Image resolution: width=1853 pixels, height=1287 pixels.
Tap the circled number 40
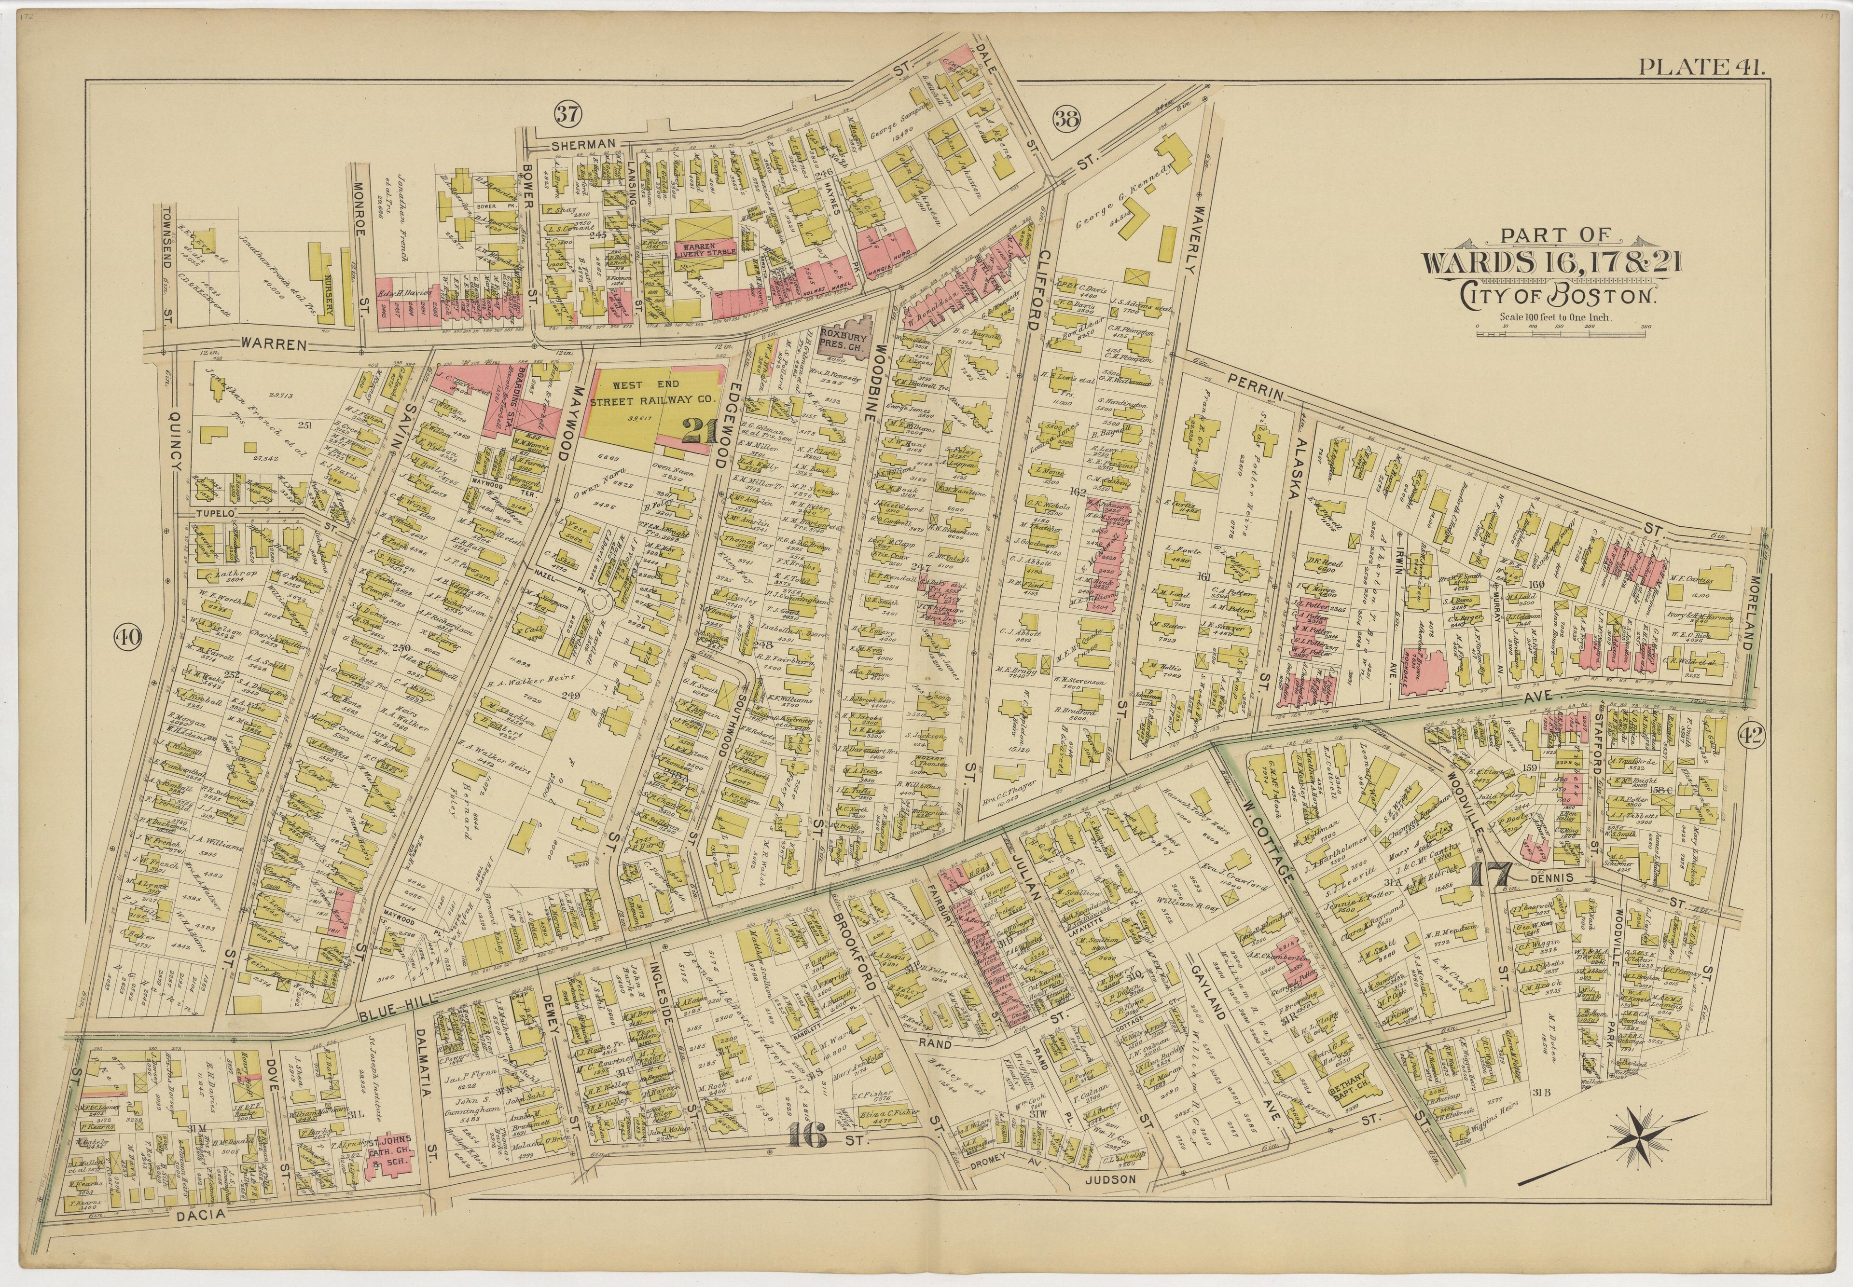pyautogui.click(x=126, y=638)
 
